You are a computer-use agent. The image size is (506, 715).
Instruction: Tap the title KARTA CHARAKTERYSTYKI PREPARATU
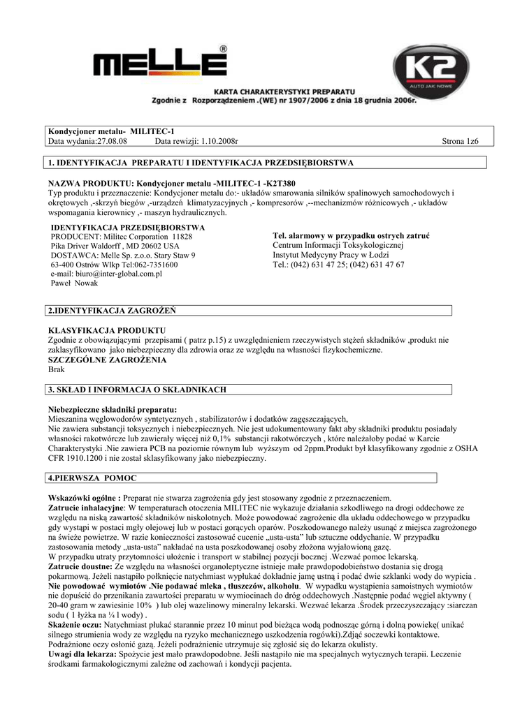pos(284,91)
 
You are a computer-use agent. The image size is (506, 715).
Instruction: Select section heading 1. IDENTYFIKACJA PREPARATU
pos(199,163)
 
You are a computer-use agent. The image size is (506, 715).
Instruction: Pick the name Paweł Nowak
pos(75,283)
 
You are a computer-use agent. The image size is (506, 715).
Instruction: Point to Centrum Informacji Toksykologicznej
pos(338,246)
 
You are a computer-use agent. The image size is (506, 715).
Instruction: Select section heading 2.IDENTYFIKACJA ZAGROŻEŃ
pos(111,309)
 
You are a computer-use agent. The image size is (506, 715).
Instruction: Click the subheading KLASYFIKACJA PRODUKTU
pos(106,330)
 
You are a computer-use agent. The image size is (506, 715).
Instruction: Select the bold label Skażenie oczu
pos(75,625)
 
